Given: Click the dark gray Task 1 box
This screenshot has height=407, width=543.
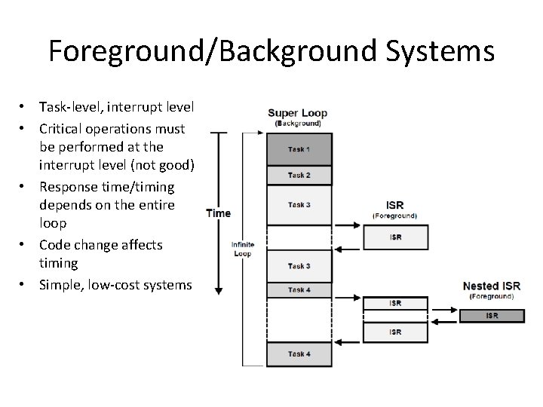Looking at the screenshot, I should point(298,149).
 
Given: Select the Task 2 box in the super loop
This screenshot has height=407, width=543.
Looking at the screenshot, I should point(298,176).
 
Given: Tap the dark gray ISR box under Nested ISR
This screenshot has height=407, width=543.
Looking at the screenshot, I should point(491,315).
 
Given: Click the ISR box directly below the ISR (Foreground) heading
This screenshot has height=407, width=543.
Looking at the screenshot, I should point(395,237).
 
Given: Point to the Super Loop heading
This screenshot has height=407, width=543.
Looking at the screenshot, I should point(297,114).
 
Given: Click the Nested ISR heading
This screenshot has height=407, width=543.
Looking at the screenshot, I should point(491,286).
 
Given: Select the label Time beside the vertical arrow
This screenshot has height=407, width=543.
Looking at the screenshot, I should point(219,213).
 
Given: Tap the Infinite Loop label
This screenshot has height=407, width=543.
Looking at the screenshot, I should point(243,249).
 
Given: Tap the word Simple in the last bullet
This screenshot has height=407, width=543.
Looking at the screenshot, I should point(60,284).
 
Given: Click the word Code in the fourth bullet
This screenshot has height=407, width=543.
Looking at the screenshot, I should point(54,244).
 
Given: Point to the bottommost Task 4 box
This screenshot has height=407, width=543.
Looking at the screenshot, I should point(298,353).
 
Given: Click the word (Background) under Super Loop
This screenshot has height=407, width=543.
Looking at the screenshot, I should point(297,124).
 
